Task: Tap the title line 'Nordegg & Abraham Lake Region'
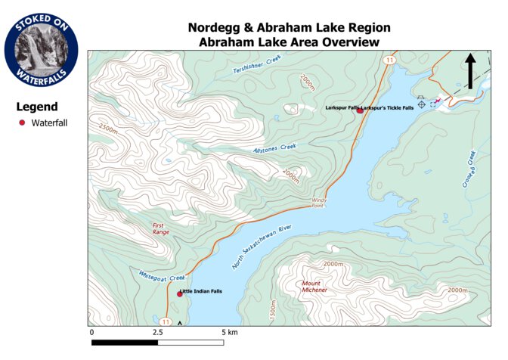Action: click(x=288, y=28)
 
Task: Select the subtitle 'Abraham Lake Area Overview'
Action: click(x=288, y=42)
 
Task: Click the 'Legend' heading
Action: click(x=37, y=107)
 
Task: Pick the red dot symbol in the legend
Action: click(x=22, y=123)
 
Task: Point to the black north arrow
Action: click(x=469, y=70)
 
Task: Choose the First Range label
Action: click(x=160, y=228)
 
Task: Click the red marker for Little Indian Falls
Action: click(x=180, y=293)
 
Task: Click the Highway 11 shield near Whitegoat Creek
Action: click(x=165, y=321)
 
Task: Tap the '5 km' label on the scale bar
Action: click(x=231, y=332)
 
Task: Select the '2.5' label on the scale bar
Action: click(x=157, y=332)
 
